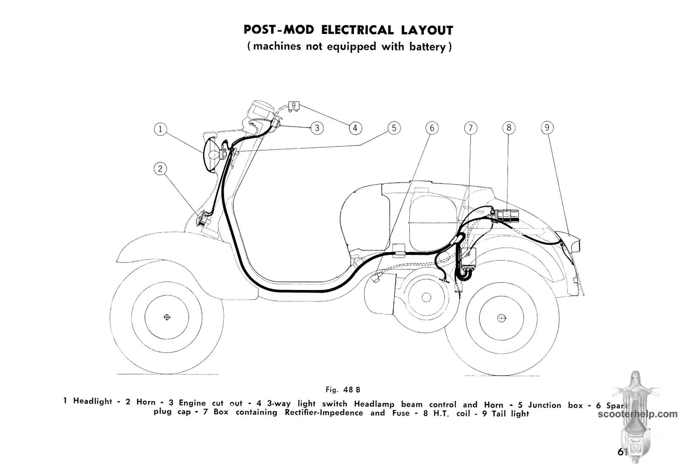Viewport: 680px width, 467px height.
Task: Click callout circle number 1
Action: tap(160, 129)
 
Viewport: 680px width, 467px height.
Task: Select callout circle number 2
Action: tap(160, 169)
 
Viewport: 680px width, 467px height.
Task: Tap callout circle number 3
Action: tap(317, 128)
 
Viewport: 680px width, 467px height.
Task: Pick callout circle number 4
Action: tap(355, 128)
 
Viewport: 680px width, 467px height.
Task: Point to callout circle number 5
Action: tap(394, 128)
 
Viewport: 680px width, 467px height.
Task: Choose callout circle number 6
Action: tap(432, 128)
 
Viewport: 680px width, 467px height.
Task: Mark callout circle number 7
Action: tap(470, 128)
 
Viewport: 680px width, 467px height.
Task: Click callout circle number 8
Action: tap(508, 128)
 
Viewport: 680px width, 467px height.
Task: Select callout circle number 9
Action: tap(547, 128)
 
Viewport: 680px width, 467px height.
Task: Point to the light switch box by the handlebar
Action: tap(294, 106)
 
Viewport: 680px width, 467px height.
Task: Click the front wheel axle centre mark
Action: tap(167, 317)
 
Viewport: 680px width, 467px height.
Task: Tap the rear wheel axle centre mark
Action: tap(501, 318)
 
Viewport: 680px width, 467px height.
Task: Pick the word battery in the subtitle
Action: tap(427, 46)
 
